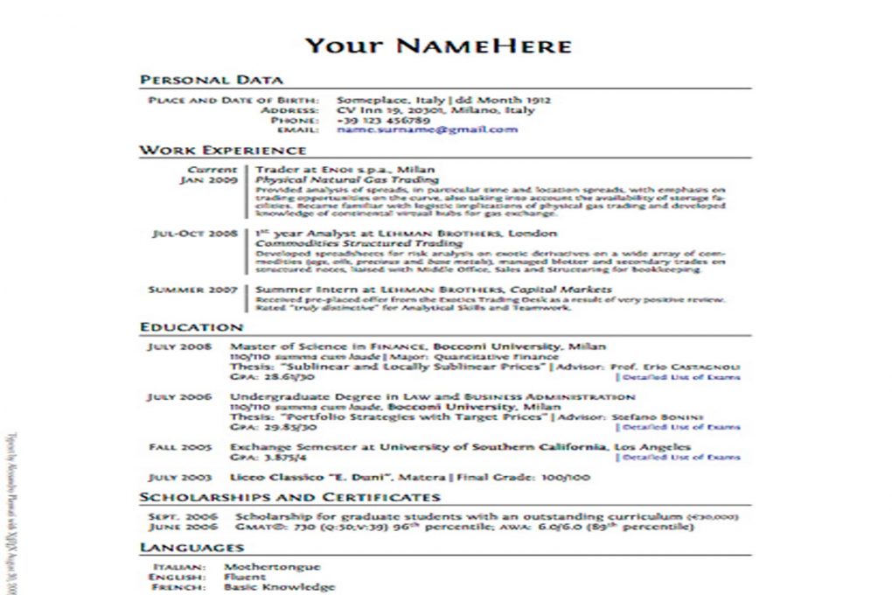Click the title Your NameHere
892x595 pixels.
[438, 45]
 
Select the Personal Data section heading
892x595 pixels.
[211, 80]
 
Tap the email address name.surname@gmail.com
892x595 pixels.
[427, 129]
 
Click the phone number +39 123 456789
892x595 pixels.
[383, 120]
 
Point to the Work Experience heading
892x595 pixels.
[222, 150]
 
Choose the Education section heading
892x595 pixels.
[192, 327]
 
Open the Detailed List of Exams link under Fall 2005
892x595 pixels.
[679, 458]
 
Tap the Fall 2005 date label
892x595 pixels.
[180, 447]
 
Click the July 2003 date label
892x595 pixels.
[180, 478]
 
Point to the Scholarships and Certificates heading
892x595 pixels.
[289, 497]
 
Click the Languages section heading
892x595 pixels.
[192, 548]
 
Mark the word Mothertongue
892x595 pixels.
[273, 567]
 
